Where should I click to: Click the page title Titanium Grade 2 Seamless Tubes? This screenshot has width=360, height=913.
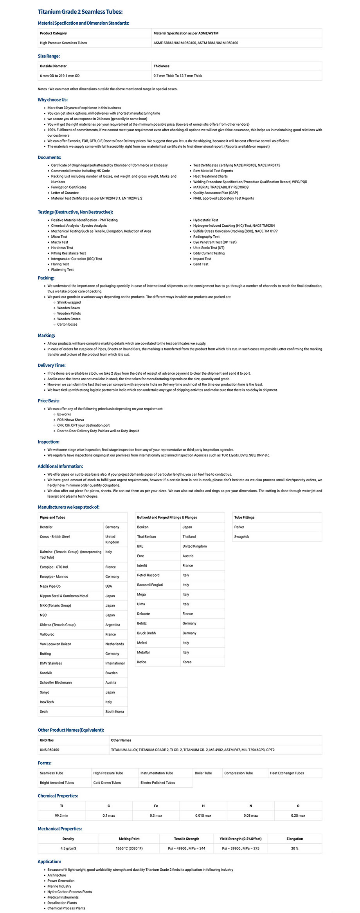coord(80,12)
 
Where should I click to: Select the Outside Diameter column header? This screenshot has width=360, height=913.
coord(53,66)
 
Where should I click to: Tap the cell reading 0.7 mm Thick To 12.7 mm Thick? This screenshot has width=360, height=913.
coord(178,76)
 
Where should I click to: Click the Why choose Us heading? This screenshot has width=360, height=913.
coord(52,100)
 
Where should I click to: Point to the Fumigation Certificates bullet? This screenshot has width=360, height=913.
coord(68,187)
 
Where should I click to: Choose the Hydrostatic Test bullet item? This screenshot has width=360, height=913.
coord(205,220)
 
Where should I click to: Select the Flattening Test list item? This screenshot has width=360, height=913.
coord(62,270)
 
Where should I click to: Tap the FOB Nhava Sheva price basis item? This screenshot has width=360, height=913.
coord(70,420)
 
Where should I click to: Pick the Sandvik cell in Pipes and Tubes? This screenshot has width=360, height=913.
coord(46,673)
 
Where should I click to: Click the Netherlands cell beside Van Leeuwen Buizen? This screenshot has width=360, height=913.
coord(114,644)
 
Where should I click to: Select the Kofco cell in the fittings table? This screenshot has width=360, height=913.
coord(142,662)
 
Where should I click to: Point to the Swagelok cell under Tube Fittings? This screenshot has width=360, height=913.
coord(241,537)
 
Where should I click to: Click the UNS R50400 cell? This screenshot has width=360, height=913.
coord(49,750)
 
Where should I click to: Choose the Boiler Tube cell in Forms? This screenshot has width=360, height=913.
coord(203,773)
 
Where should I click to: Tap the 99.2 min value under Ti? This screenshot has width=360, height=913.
coord(61,816)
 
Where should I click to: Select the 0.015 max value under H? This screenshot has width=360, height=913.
coord(203,816)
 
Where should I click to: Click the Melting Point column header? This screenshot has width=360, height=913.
coord(129,839)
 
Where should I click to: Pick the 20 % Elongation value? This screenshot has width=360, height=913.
coord(294,848)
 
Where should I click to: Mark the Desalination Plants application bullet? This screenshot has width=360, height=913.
coord(63,902)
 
